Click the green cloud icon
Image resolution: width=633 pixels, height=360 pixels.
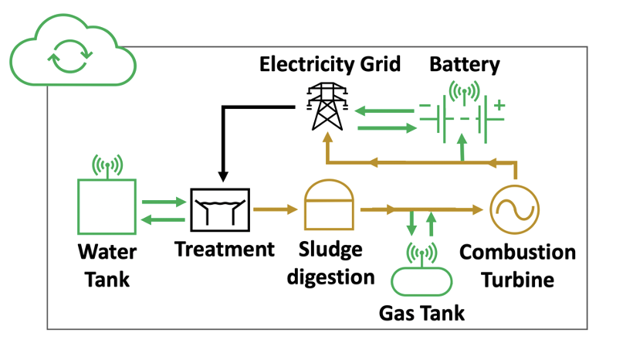point(70,55)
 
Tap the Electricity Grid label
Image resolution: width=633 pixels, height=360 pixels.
point(330,63)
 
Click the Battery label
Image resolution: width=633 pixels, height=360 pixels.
point(465,63)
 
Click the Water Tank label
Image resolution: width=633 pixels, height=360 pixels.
point(107,266)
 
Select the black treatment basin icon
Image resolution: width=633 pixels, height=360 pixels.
point(220,209)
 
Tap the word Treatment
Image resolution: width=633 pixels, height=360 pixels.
point(224,250)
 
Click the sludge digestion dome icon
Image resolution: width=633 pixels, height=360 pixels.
point(330,205)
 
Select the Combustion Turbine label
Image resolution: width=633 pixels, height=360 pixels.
point(518,266)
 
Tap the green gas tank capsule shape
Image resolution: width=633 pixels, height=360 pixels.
point(421,280)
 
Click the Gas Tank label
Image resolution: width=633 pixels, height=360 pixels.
point(421,313)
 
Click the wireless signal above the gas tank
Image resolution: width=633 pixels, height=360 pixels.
point(421,253)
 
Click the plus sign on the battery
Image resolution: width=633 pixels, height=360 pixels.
point(499,104)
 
